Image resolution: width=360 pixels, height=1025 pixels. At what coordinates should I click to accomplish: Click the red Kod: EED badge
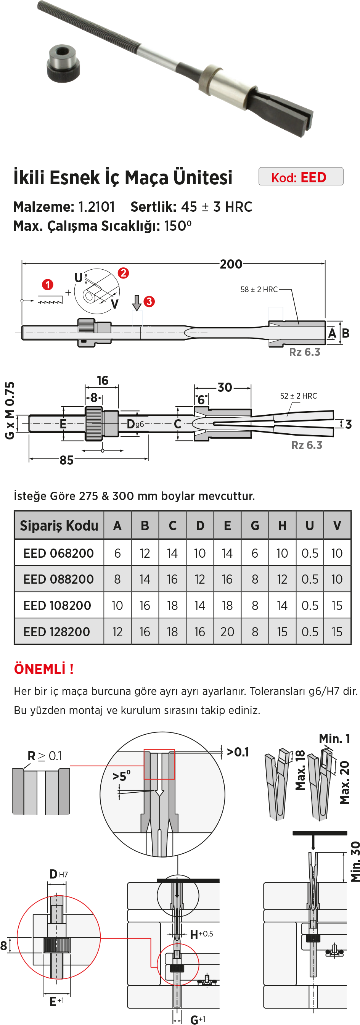tap(301, 177)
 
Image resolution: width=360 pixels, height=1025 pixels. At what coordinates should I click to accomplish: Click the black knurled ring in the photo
tap(63, 63)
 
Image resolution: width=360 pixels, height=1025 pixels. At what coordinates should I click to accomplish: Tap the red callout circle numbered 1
tap(48, 285)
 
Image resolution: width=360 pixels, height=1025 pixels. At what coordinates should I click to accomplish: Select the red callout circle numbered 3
tap(149, 301)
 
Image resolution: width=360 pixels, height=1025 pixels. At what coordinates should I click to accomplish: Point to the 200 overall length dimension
tap(231, 264)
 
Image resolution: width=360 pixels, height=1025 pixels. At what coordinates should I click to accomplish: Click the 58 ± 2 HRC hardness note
tap(259, 289)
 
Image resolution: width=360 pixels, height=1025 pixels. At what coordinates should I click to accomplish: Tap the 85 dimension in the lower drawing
tap(66, 460)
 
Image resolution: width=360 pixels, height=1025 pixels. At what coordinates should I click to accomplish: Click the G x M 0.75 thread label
tap(10, 410)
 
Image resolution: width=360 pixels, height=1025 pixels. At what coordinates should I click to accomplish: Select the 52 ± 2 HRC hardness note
tap(298, 396)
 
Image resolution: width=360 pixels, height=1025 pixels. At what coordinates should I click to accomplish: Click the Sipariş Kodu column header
tap(59, 526)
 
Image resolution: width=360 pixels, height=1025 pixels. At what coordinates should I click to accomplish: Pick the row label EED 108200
tap(57, 606)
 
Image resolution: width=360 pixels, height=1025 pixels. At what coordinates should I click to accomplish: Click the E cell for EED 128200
tap(227, 632)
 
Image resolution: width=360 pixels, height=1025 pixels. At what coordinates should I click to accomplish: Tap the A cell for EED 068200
tap(117, 553)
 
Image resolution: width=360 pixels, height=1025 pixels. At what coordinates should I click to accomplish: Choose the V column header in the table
tap(337, 526)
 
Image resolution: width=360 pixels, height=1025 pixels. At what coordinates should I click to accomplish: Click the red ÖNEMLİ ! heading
tap(44, 669)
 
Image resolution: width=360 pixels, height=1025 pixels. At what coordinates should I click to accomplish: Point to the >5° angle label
tap(121, 776)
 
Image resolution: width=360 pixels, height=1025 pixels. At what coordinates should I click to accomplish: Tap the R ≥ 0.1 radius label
tap(45, 756)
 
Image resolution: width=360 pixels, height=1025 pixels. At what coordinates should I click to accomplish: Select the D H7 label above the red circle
tap(58, 874)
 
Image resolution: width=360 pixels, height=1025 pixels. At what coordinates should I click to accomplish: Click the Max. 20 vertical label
tap(344, 782)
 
